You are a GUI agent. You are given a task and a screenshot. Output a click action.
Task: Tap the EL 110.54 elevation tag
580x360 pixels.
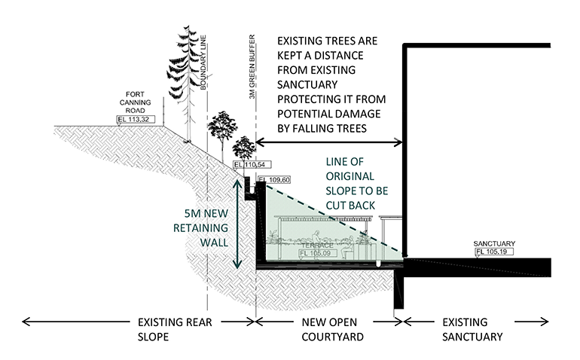point(249,164)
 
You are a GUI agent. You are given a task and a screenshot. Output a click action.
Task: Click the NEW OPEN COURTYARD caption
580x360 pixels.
point(329,329)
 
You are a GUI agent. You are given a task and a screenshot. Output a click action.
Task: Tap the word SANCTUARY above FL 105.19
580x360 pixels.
point(494,244)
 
